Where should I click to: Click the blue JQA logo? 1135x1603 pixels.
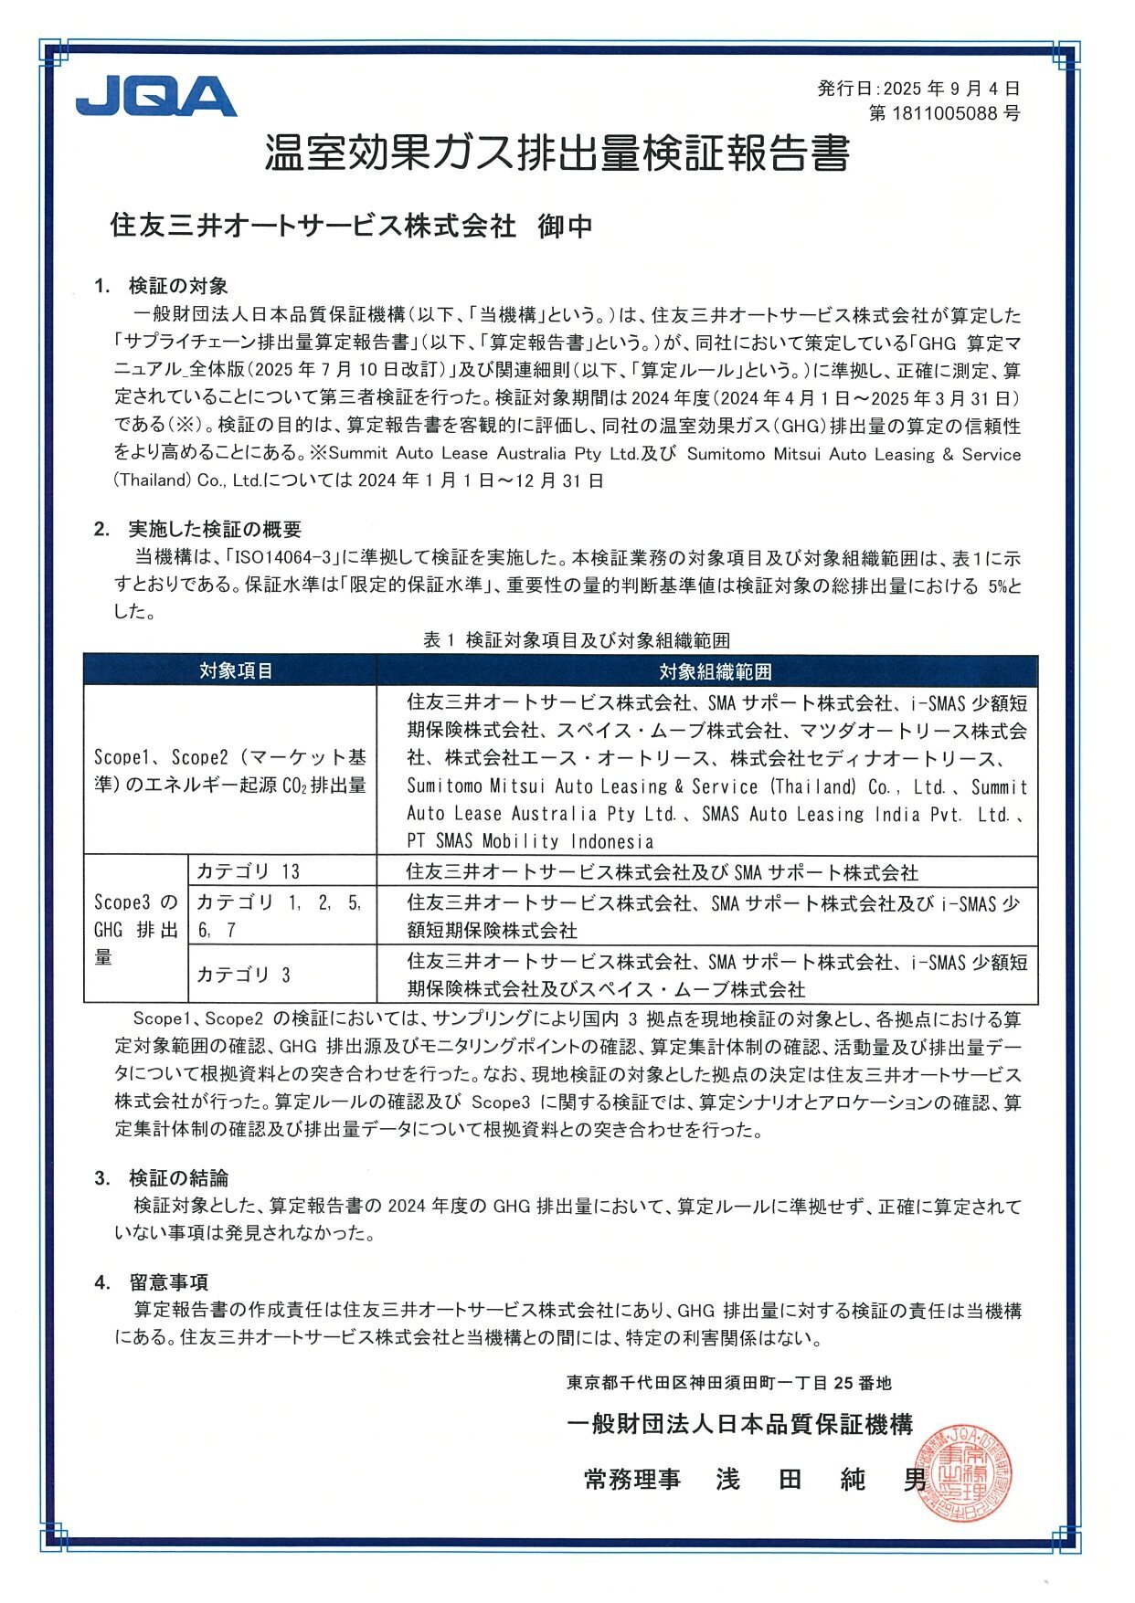[x=155, y=97]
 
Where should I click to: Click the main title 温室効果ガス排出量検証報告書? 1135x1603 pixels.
[x=557, y=153]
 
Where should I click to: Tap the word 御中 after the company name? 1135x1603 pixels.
[x=565, y=226]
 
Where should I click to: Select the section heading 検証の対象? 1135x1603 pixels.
[x=178, y=286]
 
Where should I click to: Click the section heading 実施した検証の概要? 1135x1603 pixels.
[x=215, y=530]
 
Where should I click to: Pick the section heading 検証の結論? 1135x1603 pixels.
[x=178, y=1178]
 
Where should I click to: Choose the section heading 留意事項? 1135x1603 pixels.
[x=168, y=1282]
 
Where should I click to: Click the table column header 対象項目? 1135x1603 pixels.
[x=236, y=671]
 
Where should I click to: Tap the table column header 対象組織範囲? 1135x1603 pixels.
[x=715, y=672]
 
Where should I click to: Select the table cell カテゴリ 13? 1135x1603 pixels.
[x=248, y=871]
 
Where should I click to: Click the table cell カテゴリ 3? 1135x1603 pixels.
[x=243, y=975]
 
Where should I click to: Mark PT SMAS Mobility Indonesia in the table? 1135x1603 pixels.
[x=530, y=841]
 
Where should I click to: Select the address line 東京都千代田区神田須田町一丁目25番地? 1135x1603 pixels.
[x=728, y=1383]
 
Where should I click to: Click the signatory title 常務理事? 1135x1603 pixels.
[x=632, y=1480]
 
